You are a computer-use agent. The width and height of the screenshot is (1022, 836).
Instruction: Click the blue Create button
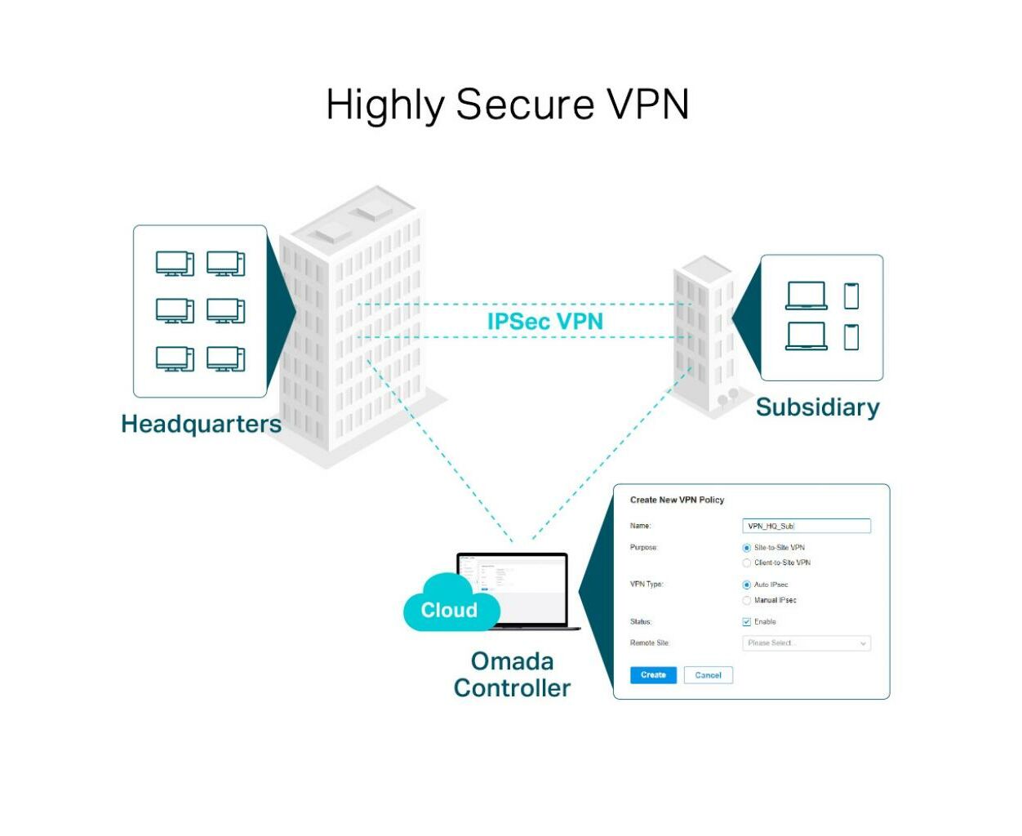[x=653, y=675]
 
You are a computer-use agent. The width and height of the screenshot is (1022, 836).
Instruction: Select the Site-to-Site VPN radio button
[x=747, y=548]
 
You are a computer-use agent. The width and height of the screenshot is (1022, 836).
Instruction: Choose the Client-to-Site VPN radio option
[x=747, y=563]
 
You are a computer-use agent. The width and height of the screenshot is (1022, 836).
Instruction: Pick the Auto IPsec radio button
[x=747, y=585]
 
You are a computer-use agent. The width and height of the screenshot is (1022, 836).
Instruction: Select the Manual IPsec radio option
[x=747, y=601]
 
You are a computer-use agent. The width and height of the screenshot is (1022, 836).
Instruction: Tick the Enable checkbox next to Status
[x=747, y=622]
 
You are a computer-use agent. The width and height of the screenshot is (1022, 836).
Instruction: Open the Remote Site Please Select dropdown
[x=806, y=643]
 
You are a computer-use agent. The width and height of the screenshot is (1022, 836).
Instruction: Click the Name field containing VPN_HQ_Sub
[x=806, y=527]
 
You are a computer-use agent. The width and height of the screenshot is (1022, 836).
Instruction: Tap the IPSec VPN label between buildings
[x=544, y=322]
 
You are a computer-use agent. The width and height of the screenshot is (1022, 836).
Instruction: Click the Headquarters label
[x=201, y=424]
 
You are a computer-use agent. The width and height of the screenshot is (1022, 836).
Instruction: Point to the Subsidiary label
[x=817, y=407]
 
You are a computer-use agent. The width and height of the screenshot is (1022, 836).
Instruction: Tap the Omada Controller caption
[x=512, y=674]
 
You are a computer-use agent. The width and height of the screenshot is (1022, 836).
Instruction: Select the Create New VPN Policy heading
[x=677, y=500]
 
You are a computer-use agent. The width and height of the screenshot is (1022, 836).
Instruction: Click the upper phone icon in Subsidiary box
[x=851, y=296]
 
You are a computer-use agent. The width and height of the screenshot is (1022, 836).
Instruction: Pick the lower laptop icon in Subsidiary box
[x=806, y=336]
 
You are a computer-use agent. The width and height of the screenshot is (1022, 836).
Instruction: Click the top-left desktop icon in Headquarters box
[x=175, y=264]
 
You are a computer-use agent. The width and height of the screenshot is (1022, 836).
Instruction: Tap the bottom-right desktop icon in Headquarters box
[x=226, y=359]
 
